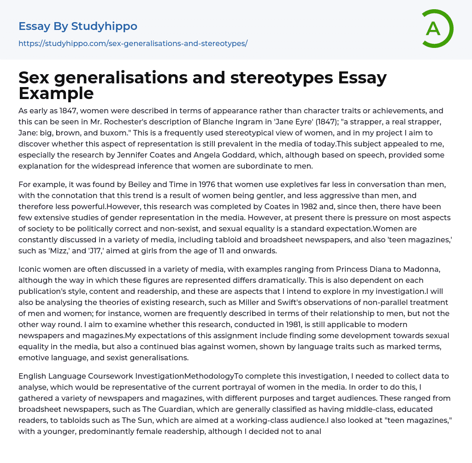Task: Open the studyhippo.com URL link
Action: point(133,44)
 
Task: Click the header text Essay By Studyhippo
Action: point(78,26)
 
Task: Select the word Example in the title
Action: point(56,93)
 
